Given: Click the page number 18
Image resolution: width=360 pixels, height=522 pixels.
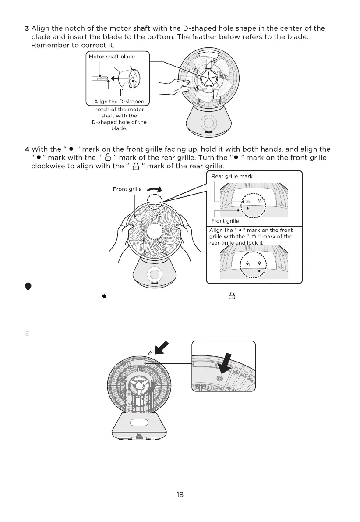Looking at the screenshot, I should pos(180,495).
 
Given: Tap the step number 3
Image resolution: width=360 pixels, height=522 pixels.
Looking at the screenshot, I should pos(27,28).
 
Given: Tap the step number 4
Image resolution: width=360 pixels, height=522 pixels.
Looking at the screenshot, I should pos(27,149).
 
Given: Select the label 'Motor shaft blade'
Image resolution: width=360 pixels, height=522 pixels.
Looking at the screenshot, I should pos(112,57).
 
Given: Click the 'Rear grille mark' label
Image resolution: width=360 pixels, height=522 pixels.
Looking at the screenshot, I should pos(232,176).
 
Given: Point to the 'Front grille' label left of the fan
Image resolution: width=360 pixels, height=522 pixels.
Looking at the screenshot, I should pos(127,189).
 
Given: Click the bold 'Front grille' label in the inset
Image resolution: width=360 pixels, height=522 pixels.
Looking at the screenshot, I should pos(225,221).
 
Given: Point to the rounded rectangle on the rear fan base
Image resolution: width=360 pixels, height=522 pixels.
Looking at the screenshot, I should pos(139,423).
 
